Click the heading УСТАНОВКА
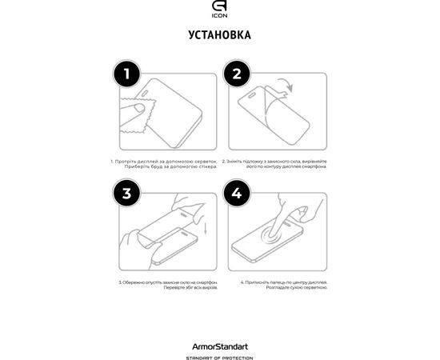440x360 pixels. [x=219, y=35]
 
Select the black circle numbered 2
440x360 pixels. [x=236, y=75]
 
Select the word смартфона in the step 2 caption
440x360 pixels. [x=310, y=167]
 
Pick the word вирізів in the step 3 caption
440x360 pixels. [x=197, y=289]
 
